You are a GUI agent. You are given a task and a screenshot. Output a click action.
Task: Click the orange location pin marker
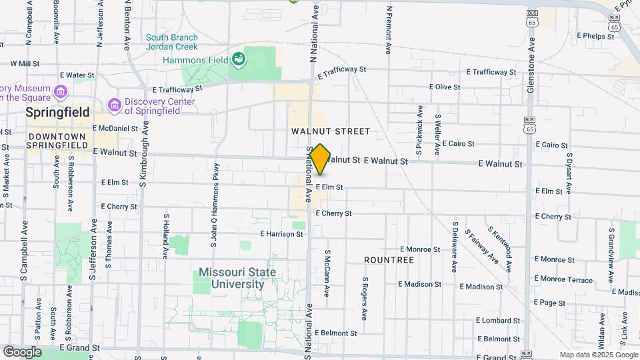point(321,159)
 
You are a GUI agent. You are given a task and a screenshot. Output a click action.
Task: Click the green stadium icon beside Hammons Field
point(238,61)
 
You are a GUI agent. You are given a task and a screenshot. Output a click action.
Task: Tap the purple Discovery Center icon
point(115,105)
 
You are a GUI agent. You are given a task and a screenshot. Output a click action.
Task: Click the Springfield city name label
point(58,113)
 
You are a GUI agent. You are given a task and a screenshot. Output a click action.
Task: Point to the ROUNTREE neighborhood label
point(389,259)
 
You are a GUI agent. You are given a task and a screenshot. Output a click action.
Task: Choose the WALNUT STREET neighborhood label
point(321,132)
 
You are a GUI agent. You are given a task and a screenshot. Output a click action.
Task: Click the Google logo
point(22,352)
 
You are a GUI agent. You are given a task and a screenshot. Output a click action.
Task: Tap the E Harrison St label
point(282,234)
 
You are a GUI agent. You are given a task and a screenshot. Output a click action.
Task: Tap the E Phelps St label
point(595,36)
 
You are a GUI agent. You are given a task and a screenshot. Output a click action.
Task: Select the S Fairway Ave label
point(482,245)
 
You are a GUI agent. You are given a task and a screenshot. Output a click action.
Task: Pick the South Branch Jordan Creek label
point(172,42)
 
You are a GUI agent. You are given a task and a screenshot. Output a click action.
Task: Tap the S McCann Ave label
point(327,274)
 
